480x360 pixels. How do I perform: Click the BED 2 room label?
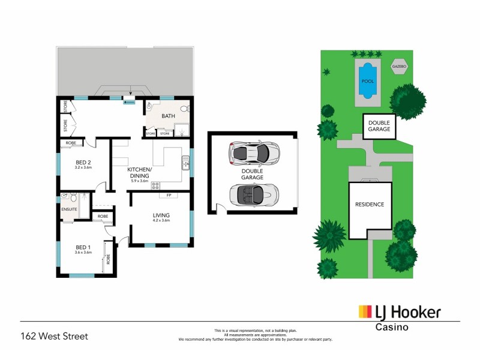[x=83, y=162]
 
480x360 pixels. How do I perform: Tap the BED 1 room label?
[x=83, y=247]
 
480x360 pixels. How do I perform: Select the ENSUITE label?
[x=70, y=209]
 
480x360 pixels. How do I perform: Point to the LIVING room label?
[x=161, y=215]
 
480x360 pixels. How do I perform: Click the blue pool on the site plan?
[x=367, y=80]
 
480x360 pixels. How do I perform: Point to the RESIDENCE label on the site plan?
[x=370, y=205]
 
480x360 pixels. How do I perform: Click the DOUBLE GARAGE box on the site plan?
[x=379, y=126]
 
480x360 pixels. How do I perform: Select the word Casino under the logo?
[x=392, y=328]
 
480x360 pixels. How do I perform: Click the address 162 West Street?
[x=55, y=337]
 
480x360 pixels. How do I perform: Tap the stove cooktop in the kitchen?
[x=155, y=169]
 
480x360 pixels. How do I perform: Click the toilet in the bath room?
[x=186, y=109]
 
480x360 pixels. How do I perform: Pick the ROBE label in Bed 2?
[x=71, y=143]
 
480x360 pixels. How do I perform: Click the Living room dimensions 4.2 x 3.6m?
[x=161, y=221]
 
